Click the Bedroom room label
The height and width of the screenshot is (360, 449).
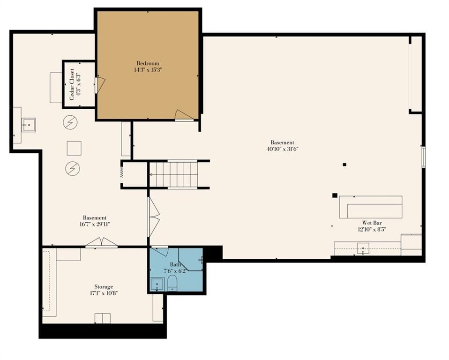click(x=148, y=63)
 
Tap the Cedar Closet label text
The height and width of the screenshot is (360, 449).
click(x=72, y=84)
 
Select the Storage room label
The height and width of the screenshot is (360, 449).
click(x=104, y=287)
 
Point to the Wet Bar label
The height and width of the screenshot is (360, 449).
click(x=372, y=223)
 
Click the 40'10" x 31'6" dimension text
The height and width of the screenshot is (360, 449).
click(x=282, y=149)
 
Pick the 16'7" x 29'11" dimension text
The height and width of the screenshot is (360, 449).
click(x=95, y=224)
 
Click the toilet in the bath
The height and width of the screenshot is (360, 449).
click(x=172, y=283)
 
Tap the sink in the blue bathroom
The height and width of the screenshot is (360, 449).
click(x=157, y=285)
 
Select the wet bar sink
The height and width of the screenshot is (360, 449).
click(x=363, y=248)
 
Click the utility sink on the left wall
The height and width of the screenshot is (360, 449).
click(x=29, y=125)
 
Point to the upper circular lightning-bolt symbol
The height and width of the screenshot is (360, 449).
click(x=70, y=122)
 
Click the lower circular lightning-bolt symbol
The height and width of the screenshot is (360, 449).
click(x=73, y=168)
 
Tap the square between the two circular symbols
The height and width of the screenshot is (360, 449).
click(x=74, y=148)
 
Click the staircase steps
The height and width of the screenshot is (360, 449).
click(x=174, y=174)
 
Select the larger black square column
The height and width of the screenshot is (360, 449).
click(x=335, y=195)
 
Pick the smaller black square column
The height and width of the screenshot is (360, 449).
click(x=344, y=165)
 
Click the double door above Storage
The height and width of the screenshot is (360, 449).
click(x=102, y=242)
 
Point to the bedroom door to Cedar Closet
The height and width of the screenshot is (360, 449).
click(x=100, y=85)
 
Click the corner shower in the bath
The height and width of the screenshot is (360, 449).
click(x=190, y=259)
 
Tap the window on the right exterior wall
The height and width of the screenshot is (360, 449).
click(x=424, y=157)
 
